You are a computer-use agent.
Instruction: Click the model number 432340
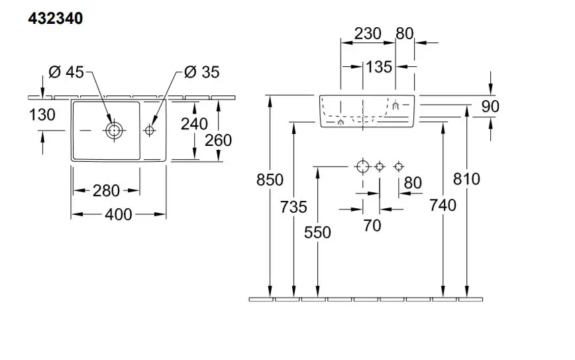[55, 18]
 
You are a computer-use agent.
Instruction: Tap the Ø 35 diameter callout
[201, 72]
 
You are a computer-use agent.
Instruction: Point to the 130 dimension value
[42, 115]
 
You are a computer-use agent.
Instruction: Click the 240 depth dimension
[194, 123]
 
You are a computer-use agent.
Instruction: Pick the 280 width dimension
[106, 191]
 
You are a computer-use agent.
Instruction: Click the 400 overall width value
[119, 214]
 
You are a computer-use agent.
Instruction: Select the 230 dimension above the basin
[367, 34]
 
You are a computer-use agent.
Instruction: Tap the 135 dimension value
[379, 66]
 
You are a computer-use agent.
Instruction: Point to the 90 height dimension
[491, 106]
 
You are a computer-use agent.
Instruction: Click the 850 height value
[270, 180]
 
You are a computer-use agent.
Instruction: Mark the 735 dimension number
[294, 208]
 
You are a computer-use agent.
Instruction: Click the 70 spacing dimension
[372, 225]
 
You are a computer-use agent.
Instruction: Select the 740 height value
[443, 206]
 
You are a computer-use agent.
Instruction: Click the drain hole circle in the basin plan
[114, 131]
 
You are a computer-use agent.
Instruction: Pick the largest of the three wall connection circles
[362, 166]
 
